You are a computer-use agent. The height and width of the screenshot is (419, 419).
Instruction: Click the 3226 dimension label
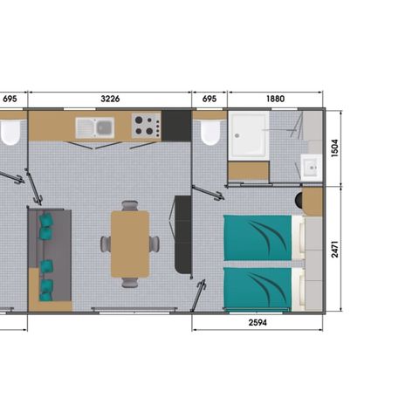click(x=110, y=100)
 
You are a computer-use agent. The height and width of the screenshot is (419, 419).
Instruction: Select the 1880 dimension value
click(x=275, y=100)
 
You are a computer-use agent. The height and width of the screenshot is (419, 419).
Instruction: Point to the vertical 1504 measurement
click(x=335, y=147)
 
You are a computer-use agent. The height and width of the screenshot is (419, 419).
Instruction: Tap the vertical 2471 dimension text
click(x=335, y=247)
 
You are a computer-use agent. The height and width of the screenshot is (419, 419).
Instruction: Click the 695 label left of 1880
click(x=209, y=100)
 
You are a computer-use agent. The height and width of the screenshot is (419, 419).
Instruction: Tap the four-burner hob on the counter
click(x=145, y=126)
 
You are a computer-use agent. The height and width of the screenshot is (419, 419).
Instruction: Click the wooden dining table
click(x=129, y=244)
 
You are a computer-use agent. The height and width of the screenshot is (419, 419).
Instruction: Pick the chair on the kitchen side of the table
click(x=129, y=206)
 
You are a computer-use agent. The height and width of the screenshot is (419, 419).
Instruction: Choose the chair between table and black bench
click(x=155, y=244)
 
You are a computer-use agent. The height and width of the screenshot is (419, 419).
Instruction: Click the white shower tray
click(x=251, y=136)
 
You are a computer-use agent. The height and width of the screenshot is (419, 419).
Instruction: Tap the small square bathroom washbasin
click(x=310, y=164)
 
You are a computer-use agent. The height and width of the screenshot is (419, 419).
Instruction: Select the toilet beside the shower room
click(x=209, y=133)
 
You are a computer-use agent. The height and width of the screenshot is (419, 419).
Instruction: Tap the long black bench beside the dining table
click(x=183, y=233)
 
